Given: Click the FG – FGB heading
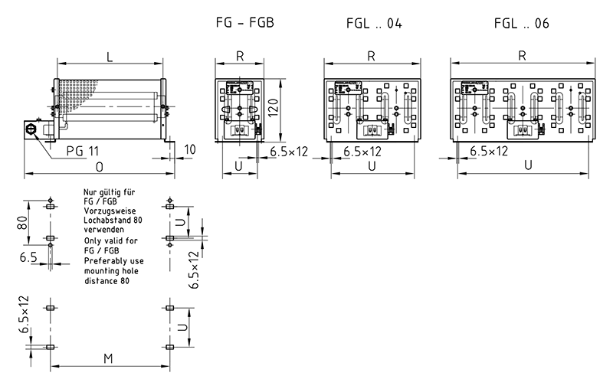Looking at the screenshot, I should pos(241,24).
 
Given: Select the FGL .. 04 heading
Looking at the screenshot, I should pos(369,24).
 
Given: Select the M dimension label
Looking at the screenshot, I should pos(108,359).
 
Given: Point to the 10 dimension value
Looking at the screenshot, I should pos(190,148).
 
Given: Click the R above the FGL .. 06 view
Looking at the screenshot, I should pos(522,55).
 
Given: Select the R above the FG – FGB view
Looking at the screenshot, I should pos(240,55).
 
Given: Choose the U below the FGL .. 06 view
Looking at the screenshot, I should pos(528,165).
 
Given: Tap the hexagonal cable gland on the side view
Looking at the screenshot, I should pos(31,129).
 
